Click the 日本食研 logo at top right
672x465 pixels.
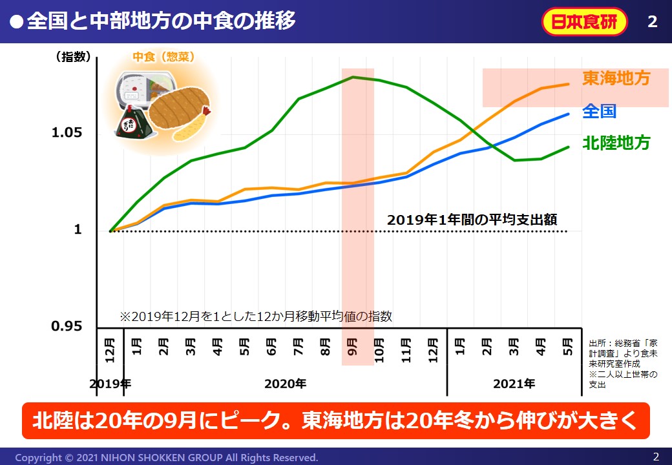[584, 21]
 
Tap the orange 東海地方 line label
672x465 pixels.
[616, 79]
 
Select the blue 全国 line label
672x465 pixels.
[599, 111]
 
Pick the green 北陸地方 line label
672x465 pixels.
[616, 143]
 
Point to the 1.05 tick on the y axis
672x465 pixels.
[67, 133]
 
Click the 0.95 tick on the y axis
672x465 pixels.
[67, 326]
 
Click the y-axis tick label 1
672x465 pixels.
[78, 230]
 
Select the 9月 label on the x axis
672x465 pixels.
[352, 349]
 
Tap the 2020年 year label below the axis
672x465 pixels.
[285, 384]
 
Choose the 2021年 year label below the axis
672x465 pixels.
[514, 384]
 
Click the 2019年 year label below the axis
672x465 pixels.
[110, 384]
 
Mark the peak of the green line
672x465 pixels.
[353, 77]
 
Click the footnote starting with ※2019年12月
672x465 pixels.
[256, 316]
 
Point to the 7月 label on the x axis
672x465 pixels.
[299, 349]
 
